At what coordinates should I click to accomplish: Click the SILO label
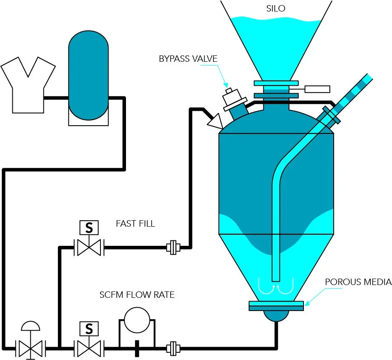276,9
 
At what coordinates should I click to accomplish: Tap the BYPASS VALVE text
188,59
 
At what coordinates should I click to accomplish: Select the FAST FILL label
135,223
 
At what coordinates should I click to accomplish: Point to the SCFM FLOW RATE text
137,295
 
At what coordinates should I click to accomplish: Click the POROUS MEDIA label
358,282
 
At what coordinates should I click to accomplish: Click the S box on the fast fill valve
89,228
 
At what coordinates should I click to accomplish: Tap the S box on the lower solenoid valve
89,329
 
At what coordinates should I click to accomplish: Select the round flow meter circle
137,320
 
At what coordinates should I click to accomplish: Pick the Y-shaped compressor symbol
28,85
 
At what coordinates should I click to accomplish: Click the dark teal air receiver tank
89,75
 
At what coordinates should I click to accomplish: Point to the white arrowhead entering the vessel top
215,122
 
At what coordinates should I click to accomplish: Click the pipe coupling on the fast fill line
173,248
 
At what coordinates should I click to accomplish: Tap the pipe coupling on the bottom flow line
173,348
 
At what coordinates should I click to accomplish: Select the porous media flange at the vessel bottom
276,306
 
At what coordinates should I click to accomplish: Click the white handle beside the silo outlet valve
317,89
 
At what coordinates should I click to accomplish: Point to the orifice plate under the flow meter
137,348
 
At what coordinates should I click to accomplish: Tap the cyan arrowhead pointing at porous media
307,302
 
